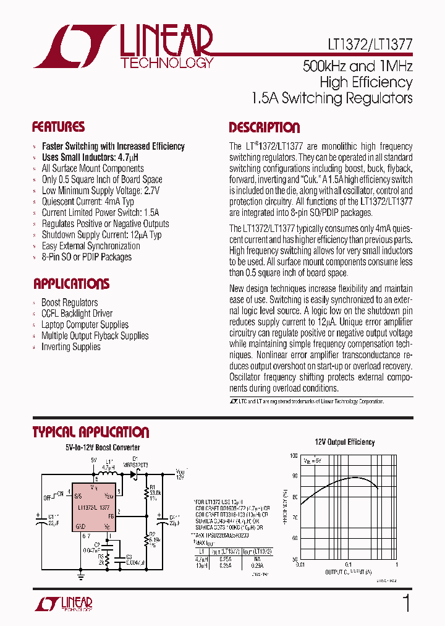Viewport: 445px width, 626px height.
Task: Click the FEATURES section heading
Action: [58, 127]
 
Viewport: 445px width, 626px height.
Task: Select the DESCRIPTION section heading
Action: [264, 128]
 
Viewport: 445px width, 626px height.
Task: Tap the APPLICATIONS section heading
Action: [71, 285]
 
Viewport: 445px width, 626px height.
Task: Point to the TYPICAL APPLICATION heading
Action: [90, 432]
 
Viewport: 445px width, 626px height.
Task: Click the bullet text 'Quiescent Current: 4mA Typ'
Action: [88, 202]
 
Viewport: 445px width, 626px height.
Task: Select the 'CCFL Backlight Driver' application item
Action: [77, 314]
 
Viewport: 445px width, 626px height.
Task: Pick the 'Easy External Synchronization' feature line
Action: [91, 246]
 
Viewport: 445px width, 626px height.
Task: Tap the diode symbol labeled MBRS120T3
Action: [132, 474]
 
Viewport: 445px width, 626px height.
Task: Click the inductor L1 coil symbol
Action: [110, 474]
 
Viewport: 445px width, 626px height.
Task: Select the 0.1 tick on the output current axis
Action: [348, 564]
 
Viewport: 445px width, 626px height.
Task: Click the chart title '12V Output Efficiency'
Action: [345, 442]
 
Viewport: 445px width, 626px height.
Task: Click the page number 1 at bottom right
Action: [406, 604]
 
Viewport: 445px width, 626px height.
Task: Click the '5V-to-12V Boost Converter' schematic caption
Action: [103, 447]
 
